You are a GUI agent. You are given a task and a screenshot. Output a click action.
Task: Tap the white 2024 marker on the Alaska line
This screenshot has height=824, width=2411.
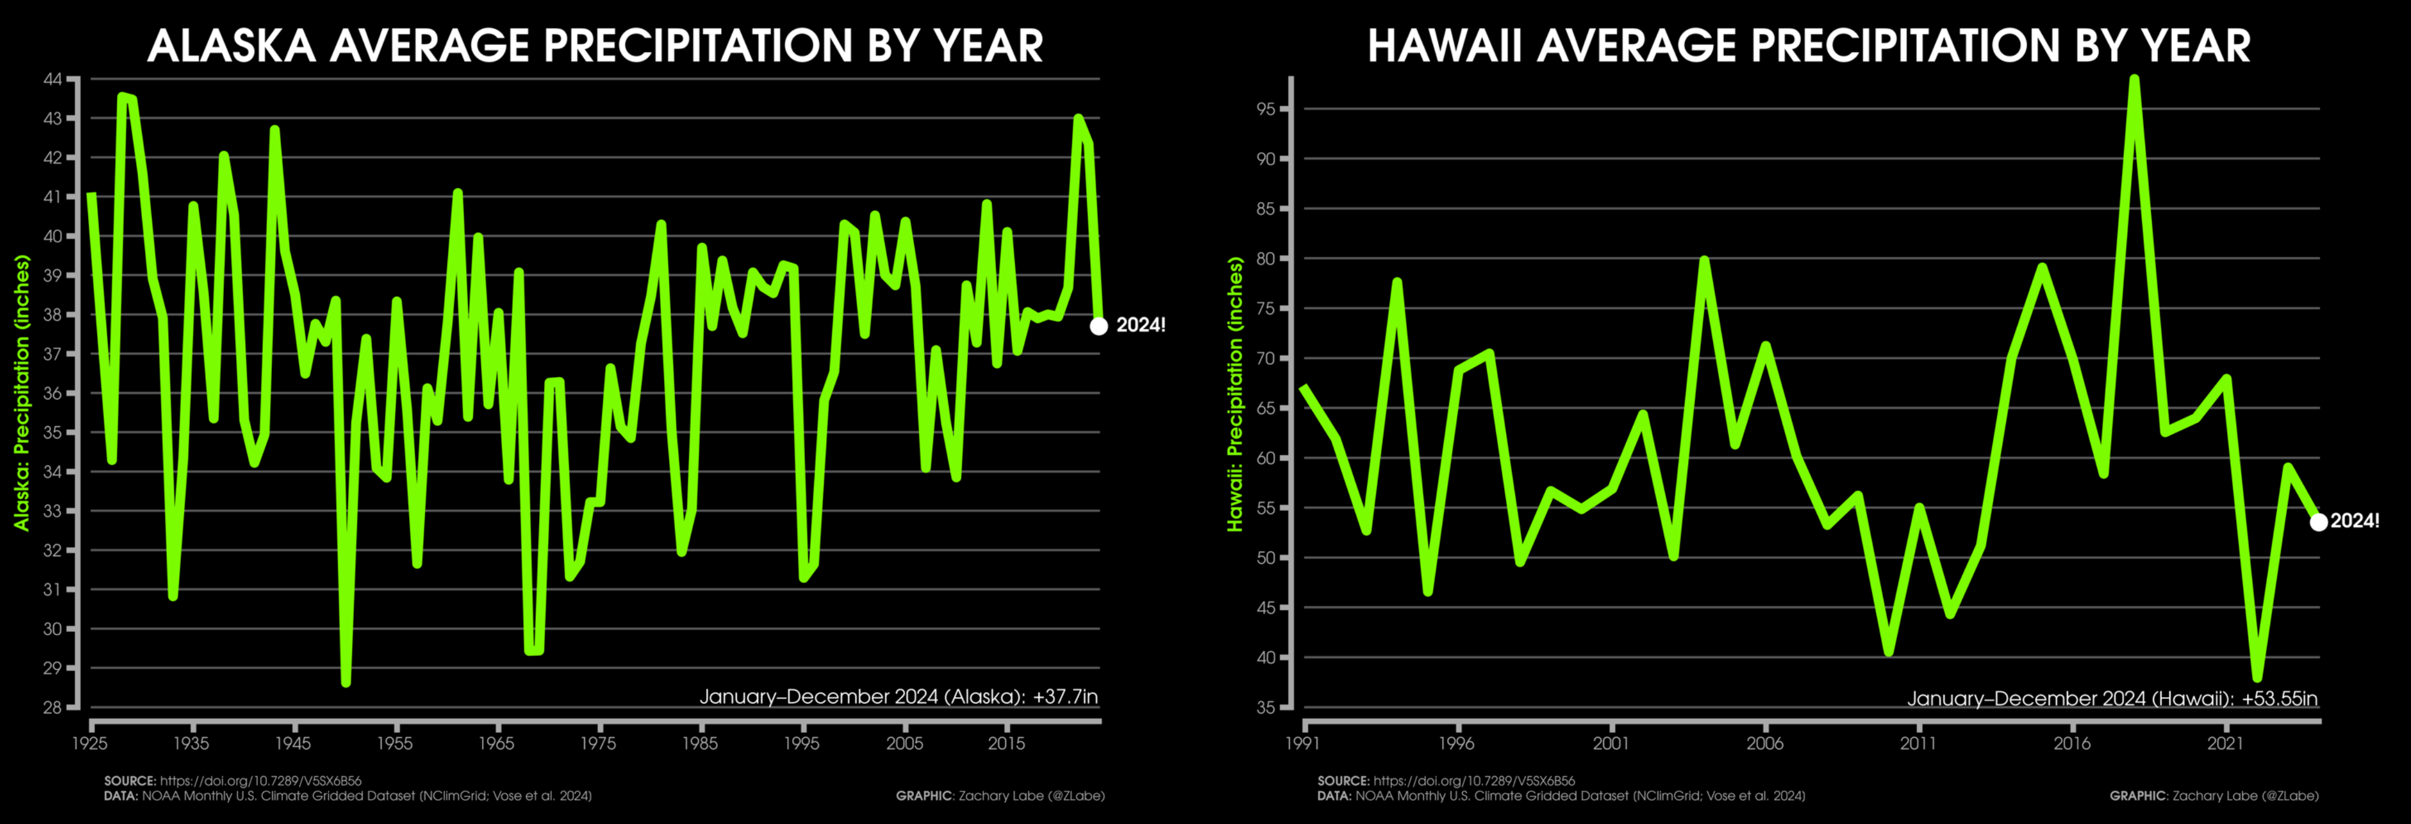(x=1099, y=326)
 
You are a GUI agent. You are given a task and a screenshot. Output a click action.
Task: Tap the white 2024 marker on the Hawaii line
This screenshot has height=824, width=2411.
(x=2318, y=522)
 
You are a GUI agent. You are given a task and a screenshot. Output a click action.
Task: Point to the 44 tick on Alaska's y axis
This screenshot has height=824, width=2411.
(x=52, y=80)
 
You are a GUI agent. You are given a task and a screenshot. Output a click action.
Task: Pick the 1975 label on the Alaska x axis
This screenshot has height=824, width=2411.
(x=598, y=743)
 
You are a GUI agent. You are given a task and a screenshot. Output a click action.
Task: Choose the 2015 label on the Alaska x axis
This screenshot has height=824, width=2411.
(x=1006, y=743)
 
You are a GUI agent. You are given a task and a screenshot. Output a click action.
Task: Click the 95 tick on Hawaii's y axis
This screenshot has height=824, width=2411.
(x=1266, y=109)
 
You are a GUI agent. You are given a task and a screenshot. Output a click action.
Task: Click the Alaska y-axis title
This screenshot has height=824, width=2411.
(x=22, y=393)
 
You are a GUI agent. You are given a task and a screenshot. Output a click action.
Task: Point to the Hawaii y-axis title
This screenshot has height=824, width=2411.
(x=1235, y=393)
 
